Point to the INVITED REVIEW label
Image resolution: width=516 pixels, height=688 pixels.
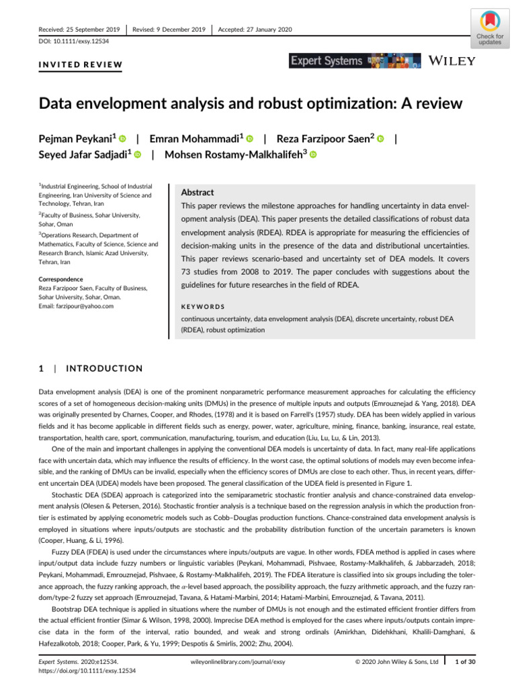(79, 65)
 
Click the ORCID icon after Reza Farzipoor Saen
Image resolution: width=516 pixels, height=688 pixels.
(381, 139)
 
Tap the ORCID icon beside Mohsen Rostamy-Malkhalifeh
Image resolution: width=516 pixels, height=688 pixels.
(313, 155)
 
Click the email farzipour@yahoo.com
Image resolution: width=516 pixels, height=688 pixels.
(76, 306)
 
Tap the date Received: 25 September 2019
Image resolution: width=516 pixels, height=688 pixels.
(79, 29)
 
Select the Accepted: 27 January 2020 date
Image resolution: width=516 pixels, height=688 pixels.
(255, 29)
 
